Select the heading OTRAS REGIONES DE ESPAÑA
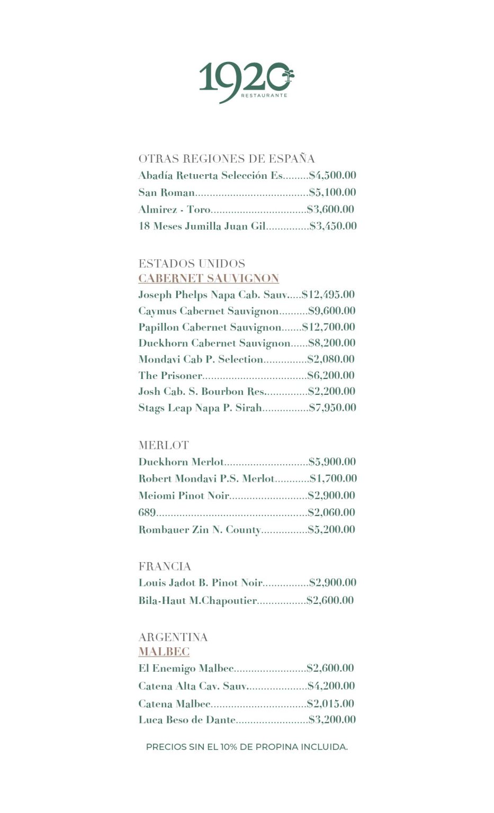pos(227,159)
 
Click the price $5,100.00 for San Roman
pos(333,192)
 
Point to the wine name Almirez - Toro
pos(174,210)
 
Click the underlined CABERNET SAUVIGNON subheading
pos(209,278)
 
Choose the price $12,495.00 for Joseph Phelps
pos(328,295)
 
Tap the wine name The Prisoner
pos(170,376)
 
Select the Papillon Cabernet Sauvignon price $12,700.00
pos(329,327)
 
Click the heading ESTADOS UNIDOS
pos(192,264)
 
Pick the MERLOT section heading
pos(164,446)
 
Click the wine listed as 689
pos(147,512)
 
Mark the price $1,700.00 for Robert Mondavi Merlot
pos(334,478)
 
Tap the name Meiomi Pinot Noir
pos(184,495)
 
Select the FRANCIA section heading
pos(165,566)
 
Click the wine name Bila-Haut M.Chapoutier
pos(197,601)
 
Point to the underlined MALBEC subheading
pos(164,652)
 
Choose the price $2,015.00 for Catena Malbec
pos(330,704)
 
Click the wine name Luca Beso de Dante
pos(187,720)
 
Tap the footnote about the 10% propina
pos(247,747)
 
